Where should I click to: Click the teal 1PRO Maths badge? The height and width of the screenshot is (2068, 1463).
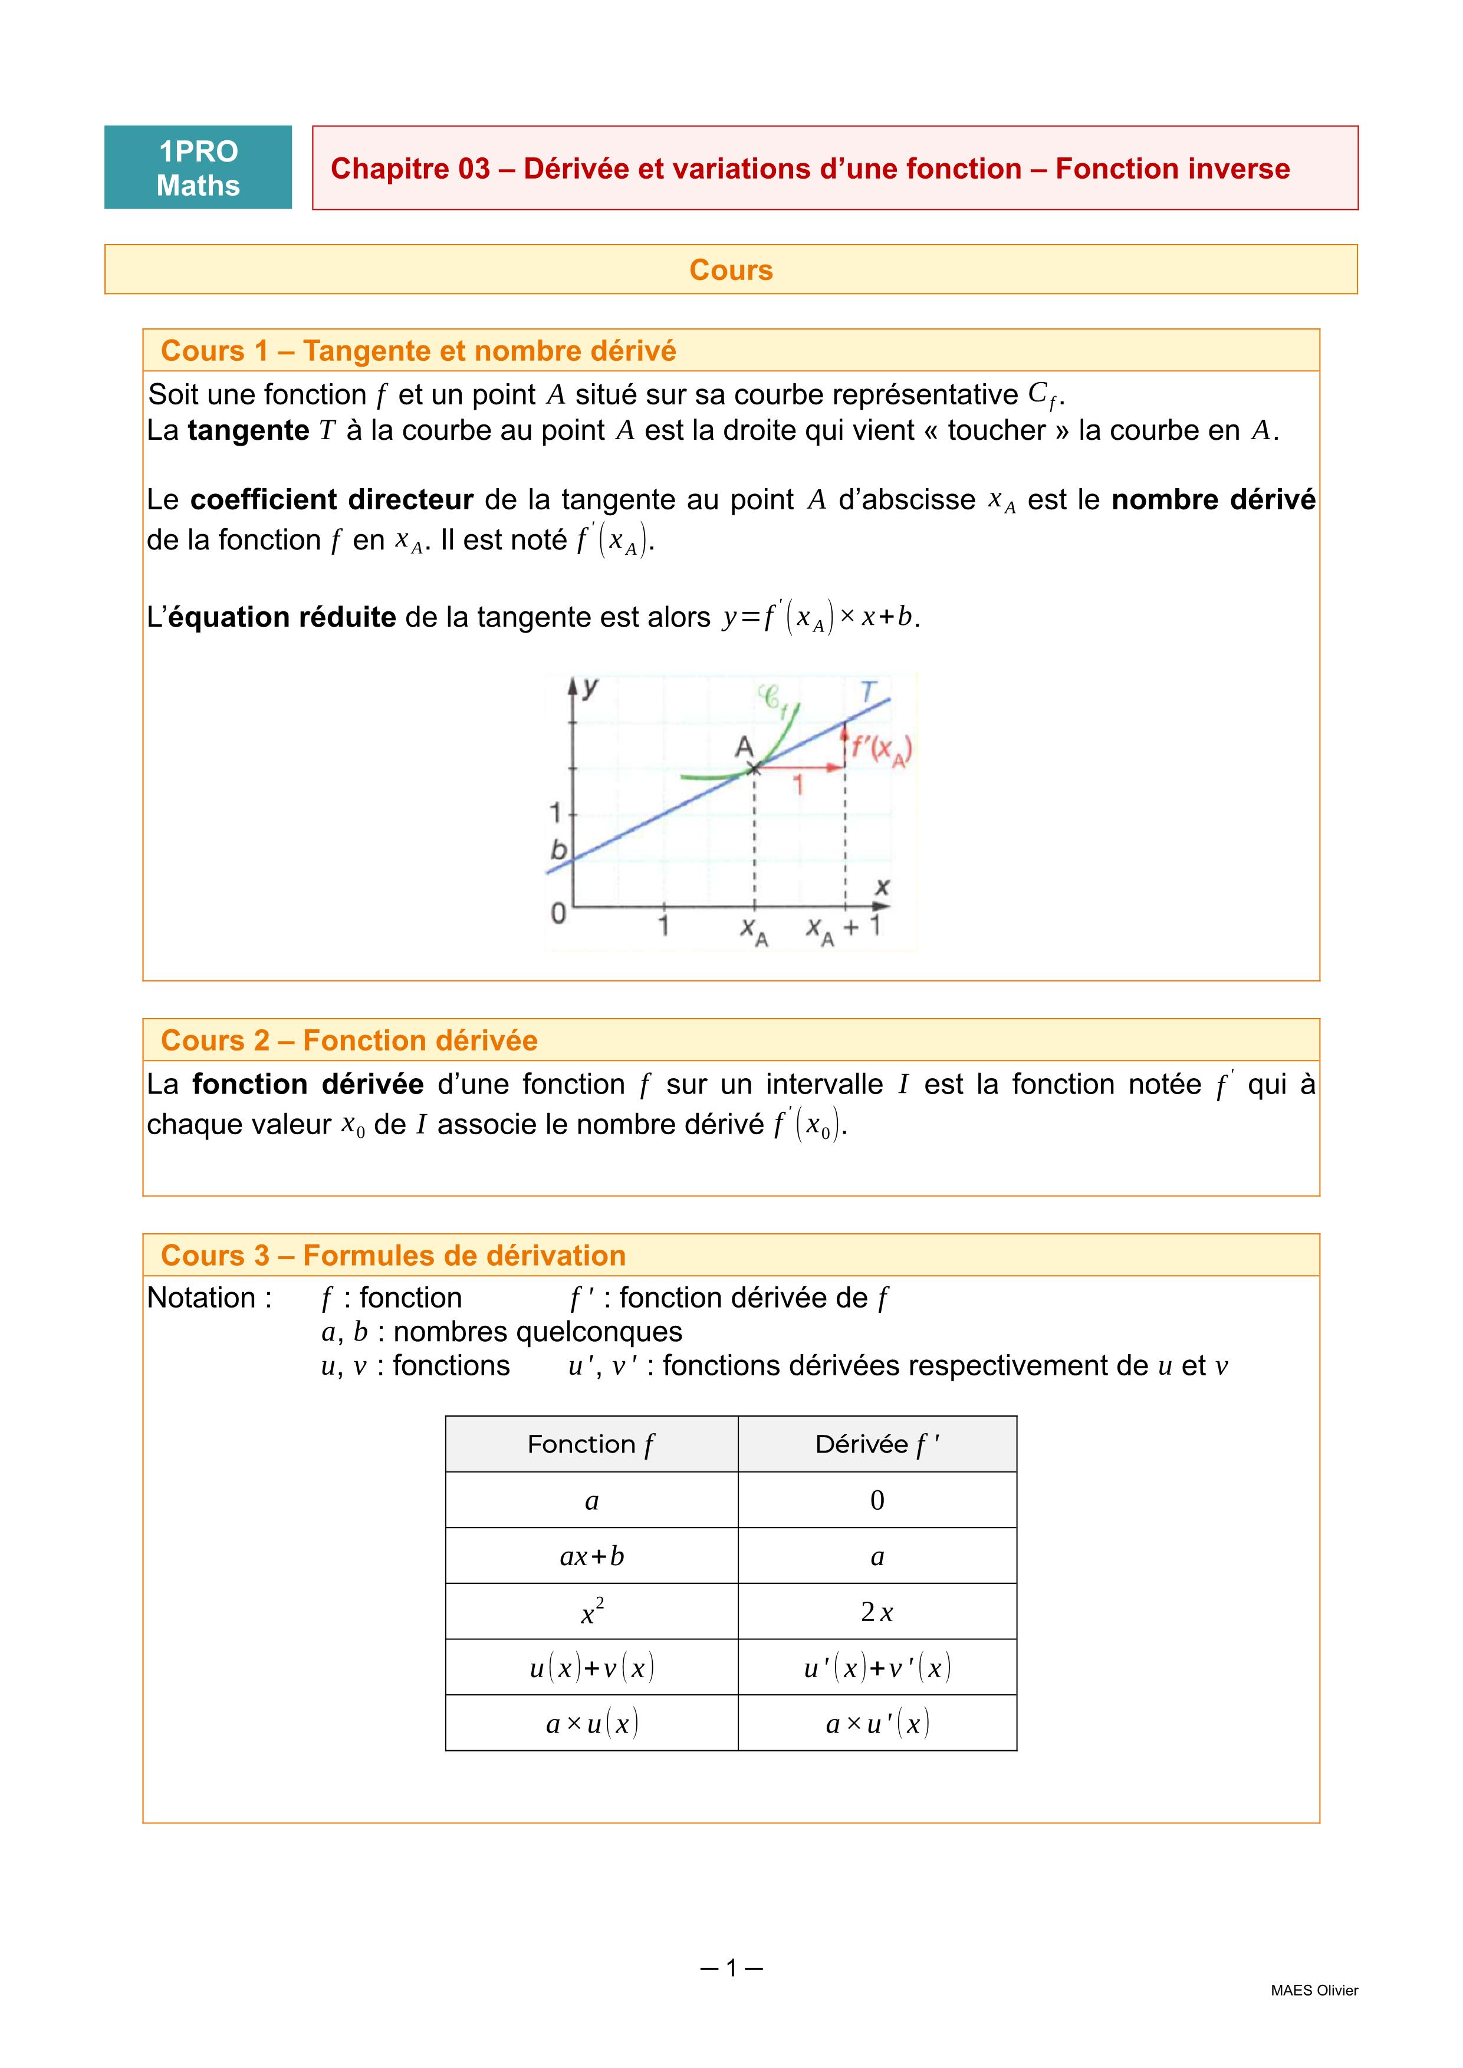[x=198, y=167]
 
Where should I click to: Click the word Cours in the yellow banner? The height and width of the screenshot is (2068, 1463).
[x=731, y=270]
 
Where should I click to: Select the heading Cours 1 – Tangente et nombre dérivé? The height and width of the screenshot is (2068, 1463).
[x=418, y=351]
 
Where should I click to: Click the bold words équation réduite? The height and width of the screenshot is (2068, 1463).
[x=282, y=618]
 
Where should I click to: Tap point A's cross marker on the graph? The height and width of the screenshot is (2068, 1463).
[x=754, y=768]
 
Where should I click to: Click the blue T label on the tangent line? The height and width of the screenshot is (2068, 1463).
[x=867, y=691]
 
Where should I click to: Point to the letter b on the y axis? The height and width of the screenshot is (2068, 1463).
[x=558, y=849]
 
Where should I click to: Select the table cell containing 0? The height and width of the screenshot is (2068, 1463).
[x=876, y=1500]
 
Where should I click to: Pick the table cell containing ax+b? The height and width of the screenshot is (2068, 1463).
[x=592, y=1556]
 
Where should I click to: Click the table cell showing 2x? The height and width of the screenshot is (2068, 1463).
[x=876, y=1612]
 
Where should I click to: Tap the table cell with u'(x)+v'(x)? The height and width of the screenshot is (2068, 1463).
[x=876, y=1668]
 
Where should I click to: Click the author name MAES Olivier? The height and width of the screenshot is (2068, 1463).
[x=1313, y=1991]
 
